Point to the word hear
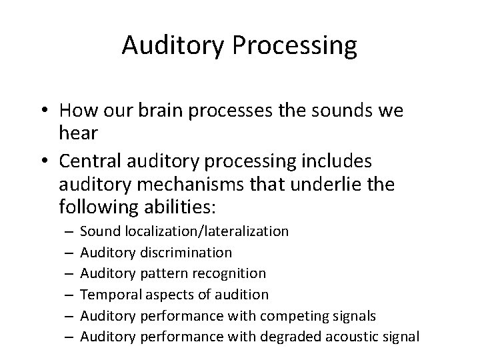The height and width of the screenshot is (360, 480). [79, 133]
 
